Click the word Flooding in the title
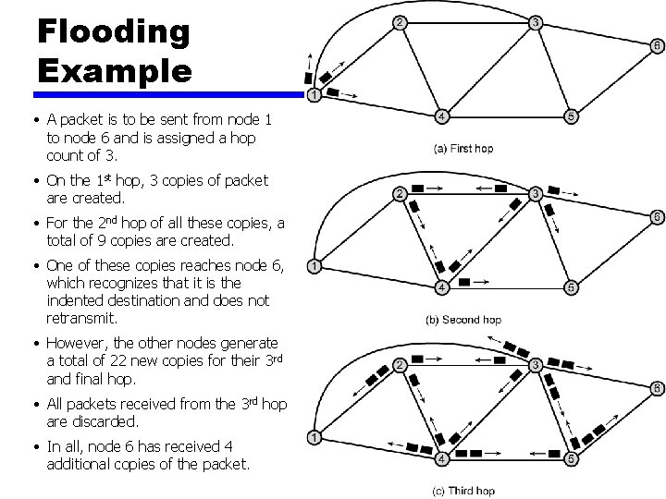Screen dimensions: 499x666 pos(114,30)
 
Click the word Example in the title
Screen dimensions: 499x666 pos(114,70)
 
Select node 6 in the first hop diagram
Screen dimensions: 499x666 pos(657,43)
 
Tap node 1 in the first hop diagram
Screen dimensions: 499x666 pos(314,94)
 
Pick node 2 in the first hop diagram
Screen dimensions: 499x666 pos(398,22)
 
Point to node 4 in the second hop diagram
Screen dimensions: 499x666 pos(442,287)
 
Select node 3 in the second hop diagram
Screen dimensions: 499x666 pos(536,193)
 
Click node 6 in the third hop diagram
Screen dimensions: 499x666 pos(657,387)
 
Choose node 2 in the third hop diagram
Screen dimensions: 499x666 pos(398,365)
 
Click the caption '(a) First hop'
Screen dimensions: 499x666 pos(463,148)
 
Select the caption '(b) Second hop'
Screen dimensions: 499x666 pos(462,320)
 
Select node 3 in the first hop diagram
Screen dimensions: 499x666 pos(536,22)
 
